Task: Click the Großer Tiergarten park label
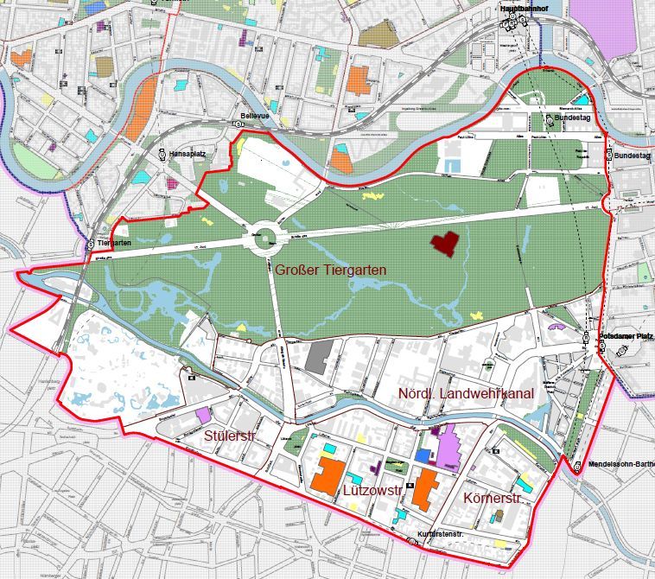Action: (331, 270)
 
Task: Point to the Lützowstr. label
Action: (372, 490)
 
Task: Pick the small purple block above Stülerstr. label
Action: (203, 415)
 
